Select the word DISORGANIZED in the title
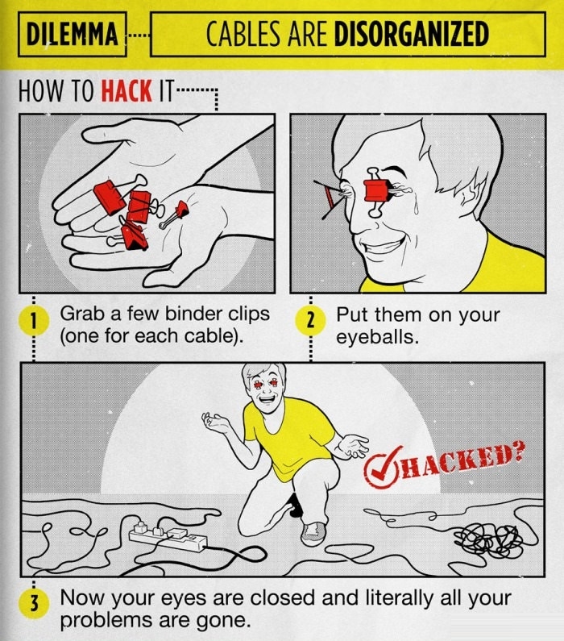click(x=411, y=35)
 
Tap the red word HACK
click(x=126, y=89)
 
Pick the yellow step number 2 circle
click(x=310, y=321)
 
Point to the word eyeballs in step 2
click(x=377, y=335)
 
